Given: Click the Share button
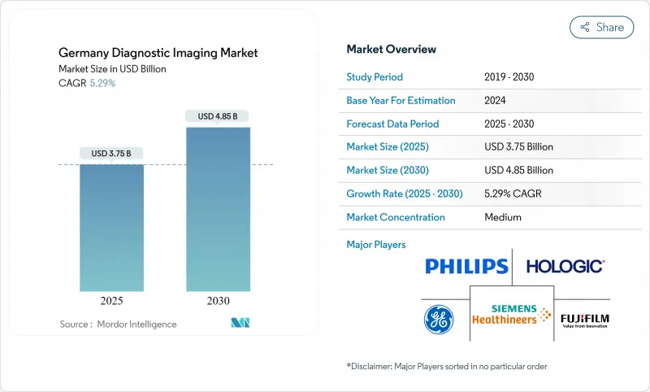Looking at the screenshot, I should (601, 27).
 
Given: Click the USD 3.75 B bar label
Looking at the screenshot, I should (111, 153).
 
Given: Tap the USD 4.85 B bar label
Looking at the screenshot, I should (218, 116).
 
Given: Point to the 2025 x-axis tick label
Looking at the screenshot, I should (111, 300).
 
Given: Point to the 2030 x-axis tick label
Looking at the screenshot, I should (218, 300).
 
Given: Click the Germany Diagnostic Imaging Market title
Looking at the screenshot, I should (158, 53).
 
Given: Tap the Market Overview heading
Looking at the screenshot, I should (391, 49).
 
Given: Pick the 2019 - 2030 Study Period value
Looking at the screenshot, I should (509, 77).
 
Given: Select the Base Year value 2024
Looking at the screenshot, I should (496, 101).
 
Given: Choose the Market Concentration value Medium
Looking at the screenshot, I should (502, 217).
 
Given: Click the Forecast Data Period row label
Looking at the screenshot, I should (392, 124).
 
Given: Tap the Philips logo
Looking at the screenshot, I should (466, 266).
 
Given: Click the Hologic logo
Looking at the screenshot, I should (565, 266).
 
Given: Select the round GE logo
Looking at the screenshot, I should (439, 318).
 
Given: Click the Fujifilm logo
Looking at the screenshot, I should (585, 317).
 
